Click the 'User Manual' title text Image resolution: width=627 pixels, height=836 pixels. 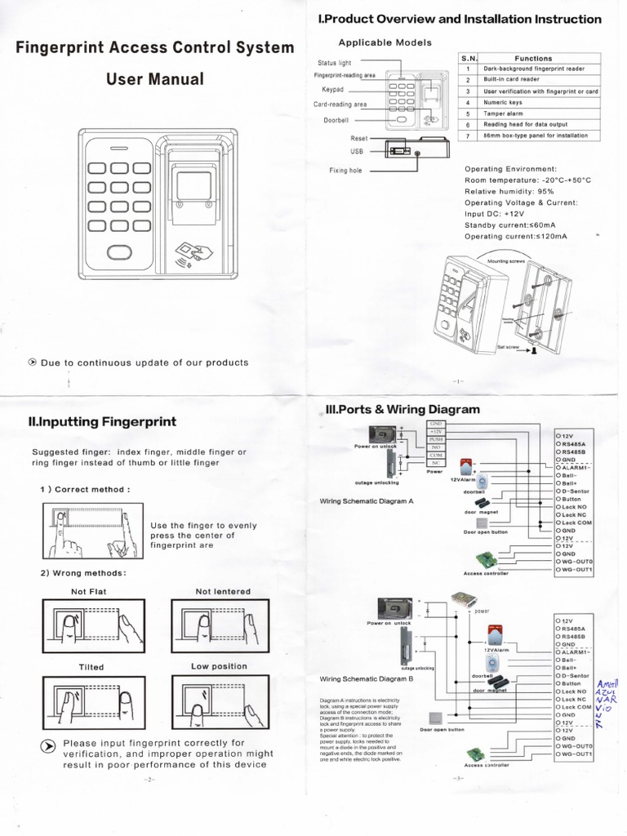pos(154,79)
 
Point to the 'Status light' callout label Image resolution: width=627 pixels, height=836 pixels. pos(334,62)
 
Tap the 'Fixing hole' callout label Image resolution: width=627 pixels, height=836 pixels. pos(345,171)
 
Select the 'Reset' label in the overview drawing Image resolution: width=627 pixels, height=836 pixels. pos(359,139)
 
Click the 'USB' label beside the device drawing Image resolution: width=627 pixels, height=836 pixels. pos(357,151)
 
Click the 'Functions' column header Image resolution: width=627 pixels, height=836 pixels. pos(532,59)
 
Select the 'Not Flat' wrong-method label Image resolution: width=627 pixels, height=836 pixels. pos(89,591)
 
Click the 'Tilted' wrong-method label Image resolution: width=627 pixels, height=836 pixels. pos(91,667)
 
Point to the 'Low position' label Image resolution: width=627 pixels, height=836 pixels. pos(219,666)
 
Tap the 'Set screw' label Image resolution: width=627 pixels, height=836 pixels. pos(508,347)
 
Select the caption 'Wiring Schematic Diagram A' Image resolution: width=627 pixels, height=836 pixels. pos(367,500)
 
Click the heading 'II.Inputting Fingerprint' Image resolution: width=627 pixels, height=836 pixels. pos(102,422)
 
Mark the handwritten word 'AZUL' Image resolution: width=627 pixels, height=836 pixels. pos(608,691)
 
